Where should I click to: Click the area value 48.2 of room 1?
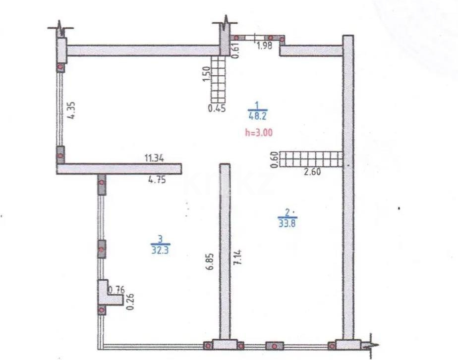click(x=257, y=116)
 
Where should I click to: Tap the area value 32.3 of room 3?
click(x=159, y=251)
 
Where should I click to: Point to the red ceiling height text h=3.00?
click(x=259, y=132)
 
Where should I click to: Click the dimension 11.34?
click(x=154, y=158)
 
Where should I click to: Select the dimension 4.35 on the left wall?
click(x=72, y=109)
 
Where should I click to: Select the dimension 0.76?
click(x=116, y=289)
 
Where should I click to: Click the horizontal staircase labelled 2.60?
click(x=311, y=159)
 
